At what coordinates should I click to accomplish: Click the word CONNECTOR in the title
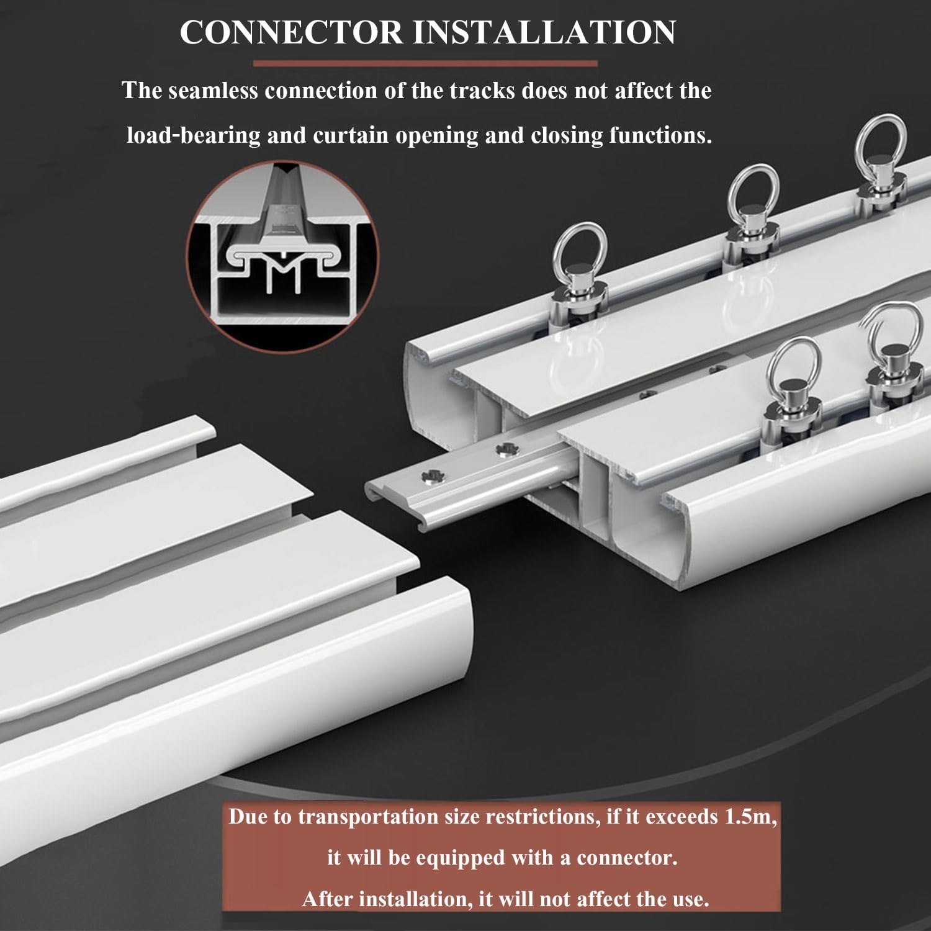click(291, 32)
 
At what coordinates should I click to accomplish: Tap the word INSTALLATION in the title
click(544, 32)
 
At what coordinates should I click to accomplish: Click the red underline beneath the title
click(425, 63)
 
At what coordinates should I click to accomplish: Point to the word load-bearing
click(193, 135)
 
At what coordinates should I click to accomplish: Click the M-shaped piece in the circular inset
click(283, 271)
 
